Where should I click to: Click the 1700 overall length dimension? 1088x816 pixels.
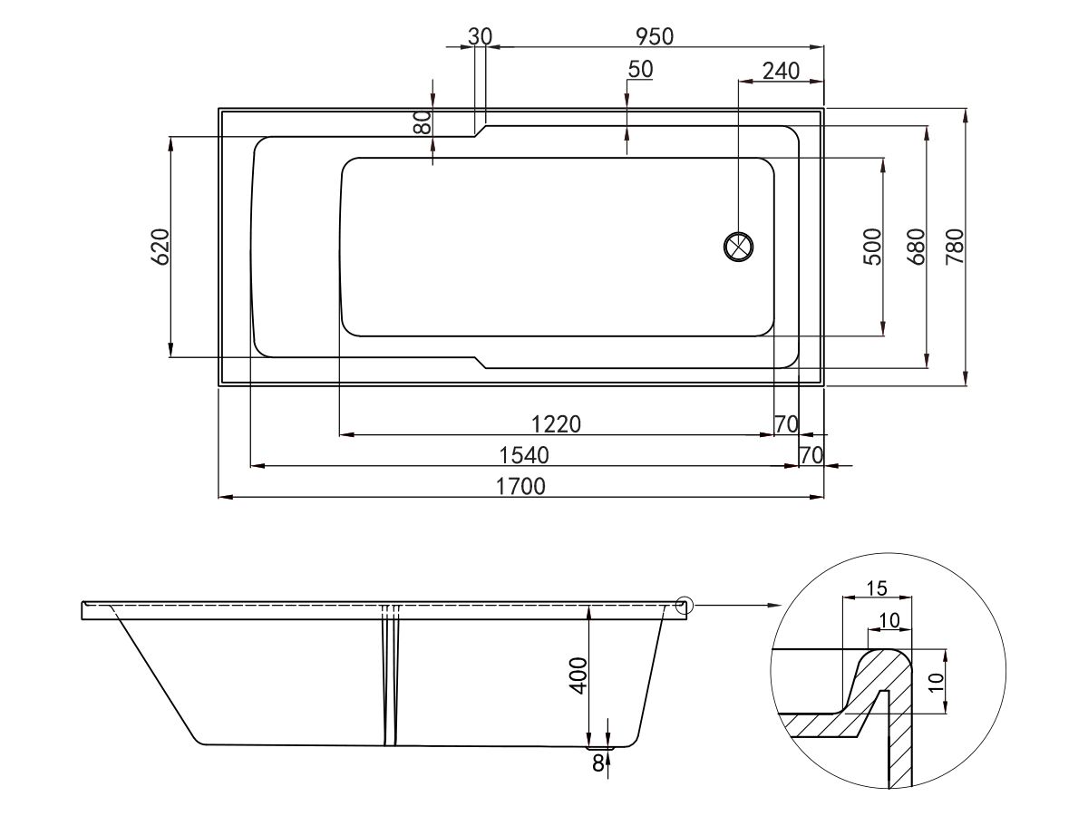520,487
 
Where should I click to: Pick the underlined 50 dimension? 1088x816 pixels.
640,70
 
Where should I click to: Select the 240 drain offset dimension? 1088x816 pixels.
781,71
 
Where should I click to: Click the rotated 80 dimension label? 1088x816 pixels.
423,121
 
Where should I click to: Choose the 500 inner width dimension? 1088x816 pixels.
872,246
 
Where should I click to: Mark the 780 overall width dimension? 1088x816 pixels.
955,246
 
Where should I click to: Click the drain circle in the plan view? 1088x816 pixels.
739,246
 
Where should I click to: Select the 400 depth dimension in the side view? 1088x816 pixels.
578,675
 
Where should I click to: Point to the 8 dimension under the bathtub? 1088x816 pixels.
597,763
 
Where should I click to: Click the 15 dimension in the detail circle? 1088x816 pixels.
876,588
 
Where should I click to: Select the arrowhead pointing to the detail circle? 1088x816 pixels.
774,605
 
